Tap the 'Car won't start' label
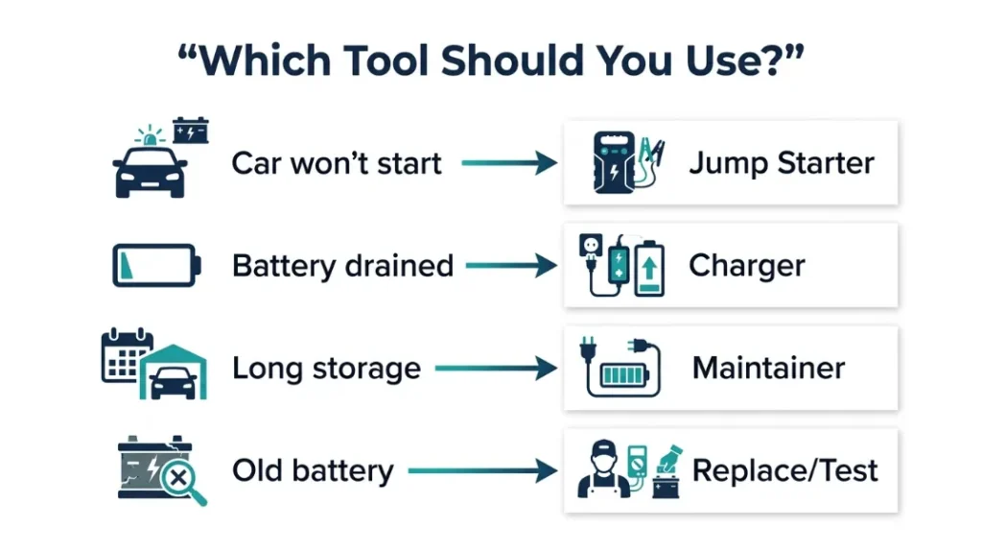tap(337, 163)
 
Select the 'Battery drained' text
tap(342, 266)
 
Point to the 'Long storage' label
tap(326, 369)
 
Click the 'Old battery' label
tap(313, 471)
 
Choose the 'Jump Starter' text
tap(781, 163)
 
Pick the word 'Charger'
tap(746, 266)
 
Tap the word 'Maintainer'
tap(768, 369)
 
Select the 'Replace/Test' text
tap(784, 471)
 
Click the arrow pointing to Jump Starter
tap(509, 163)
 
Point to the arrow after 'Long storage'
tap(497, 369)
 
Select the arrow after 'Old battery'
tap(483, 471)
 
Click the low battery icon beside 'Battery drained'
tap(156, 265)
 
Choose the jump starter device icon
tap(611, 163)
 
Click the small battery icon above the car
tap(190, 130)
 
